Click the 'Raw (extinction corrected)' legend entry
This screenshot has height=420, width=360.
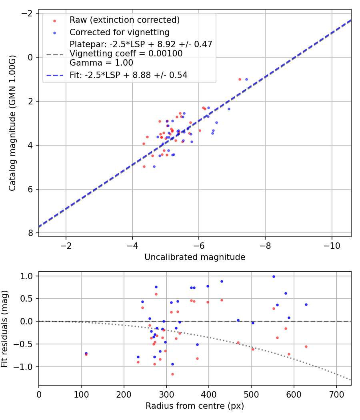[124, 20]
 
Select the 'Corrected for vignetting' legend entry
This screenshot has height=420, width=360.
[120, 32]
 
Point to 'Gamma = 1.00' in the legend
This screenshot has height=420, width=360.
[101, 63]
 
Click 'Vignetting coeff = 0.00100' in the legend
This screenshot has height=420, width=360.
[126, 54]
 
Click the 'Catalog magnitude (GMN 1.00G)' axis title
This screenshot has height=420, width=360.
[12, 123]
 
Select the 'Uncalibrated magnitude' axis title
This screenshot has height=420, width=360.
[195, 257]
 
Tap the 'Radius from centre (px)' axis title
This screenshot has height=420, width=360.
[195, 406]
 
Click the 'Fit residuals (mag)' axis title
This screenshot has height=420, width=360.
[4, 329]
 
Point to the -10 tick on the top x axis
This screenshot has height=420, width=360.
[332, 246]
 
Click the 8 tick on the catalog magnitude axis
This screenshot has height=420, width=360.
[30, 233]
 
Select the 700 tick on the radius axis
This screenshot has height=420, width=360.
[336, 394]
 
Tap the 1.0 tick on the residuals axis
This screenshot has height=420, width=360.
[27, 276]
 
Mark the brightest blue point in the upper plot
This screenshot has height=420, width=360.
[246, 79]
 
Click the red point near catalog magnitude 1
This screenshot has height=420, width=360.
[240, 79]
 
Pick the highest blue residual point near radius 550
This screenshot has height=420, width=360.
[274, 277]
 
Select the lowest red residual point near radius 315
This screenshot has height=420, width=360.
[172, 374]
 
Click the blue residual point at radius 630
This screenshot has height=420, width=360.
[306, 304]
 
